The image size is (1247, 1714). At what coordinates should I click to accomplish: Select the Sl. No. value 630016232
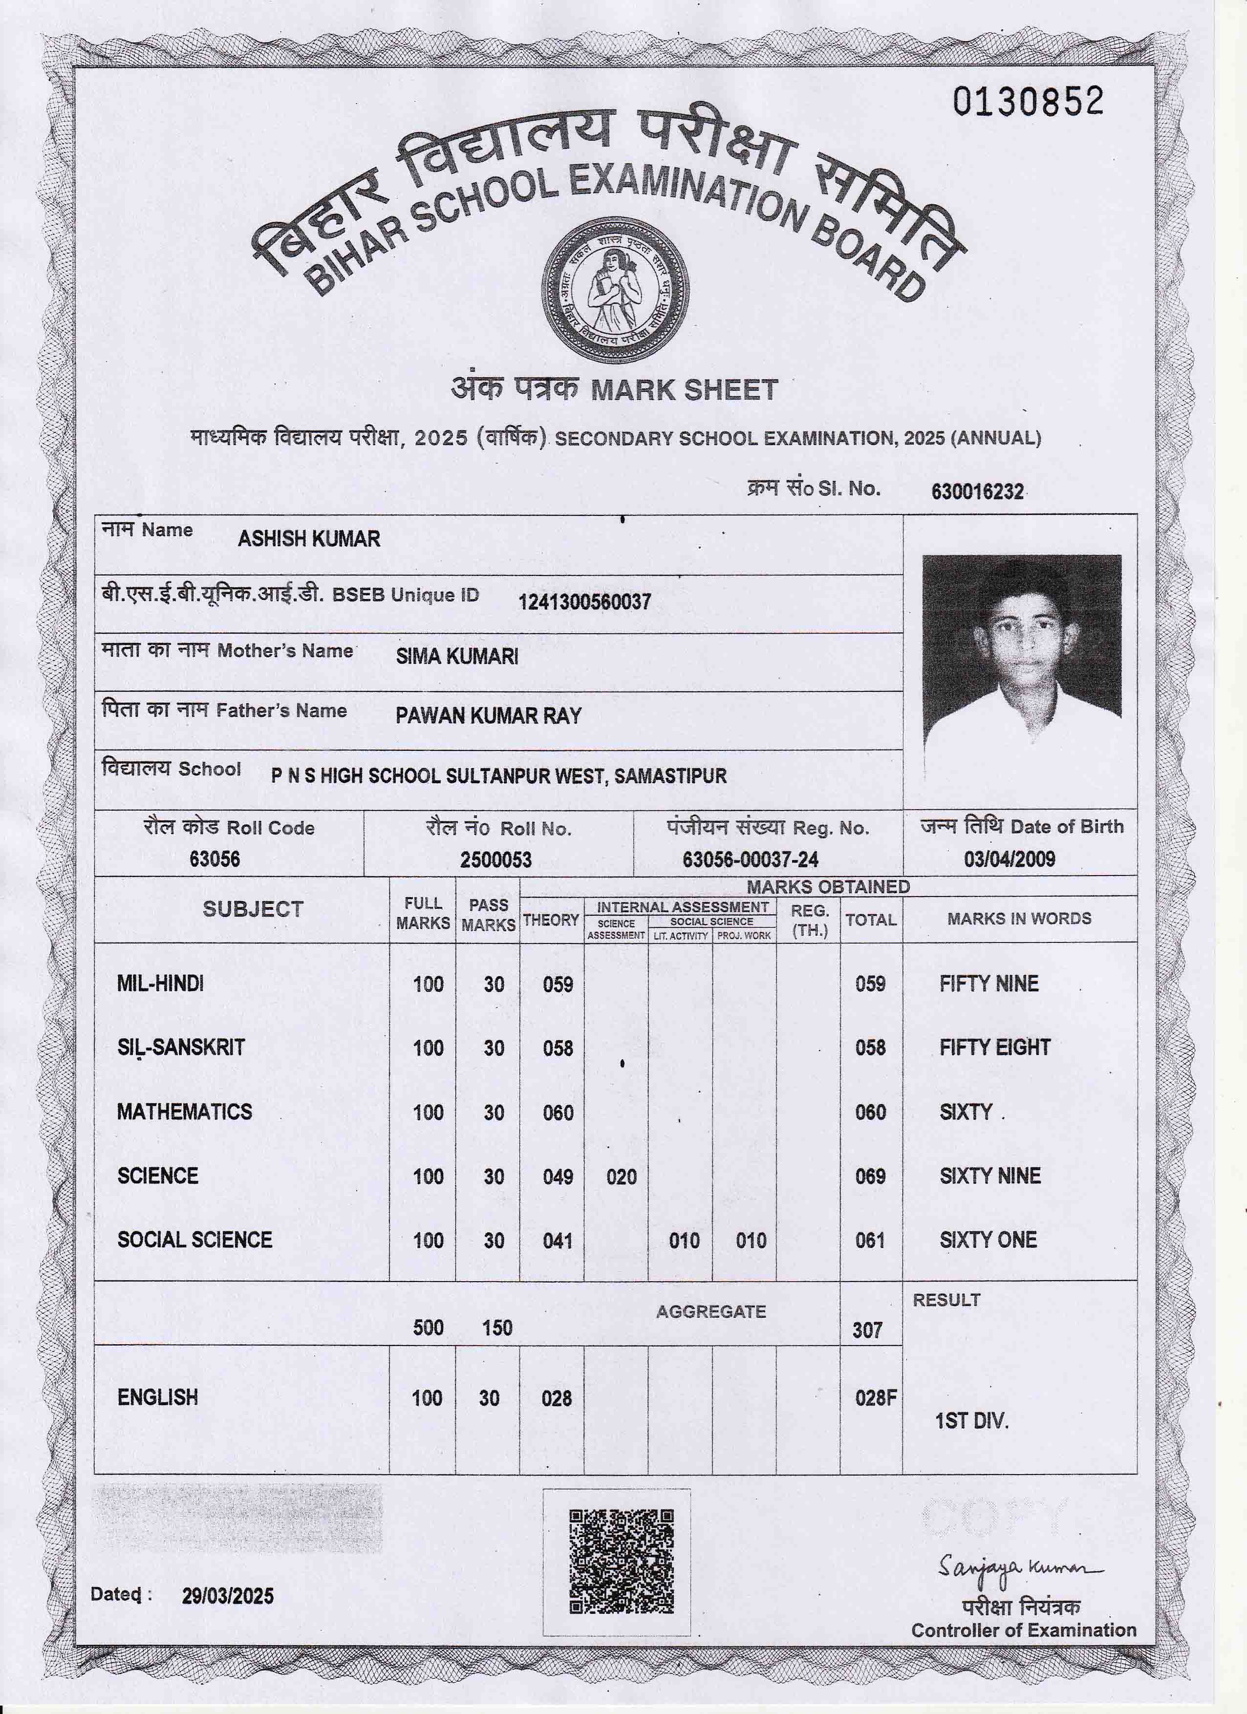[x=977, y=492]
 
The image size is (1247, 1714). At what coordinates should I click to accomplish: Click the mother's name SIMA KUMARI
[x=457, y=656]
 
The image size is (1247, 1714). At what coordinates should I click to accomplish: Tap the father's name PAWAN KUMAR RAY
[x=488, y=716]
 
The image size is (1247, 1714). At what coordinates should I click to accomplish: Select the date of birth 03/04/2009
[x=1009, y=859]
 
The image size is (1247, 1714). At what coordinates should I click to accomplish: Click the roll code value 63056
[x=215, y=859]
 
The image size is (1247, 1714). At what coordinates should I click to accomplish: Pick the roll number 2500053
[x=496, y=860]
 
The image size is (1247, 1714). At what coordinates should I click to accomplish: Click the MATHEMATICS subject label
[x=184, y=1112]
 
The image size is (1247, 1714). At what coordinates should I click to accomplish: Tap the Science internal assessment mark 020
[x=621, y=1177]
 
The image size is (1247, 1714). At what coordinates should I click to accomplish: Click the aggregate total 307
[x=867, y=1330]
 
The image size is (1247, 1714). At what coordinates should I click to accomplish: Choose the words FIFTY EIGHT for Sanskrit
[x=994, y=1048]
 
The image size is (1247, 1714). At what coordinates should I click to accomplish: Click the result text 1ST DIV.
[x=971, y=1421]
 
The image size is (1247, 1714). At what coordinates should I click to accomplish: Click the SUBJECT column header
[x=253, y=909]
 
